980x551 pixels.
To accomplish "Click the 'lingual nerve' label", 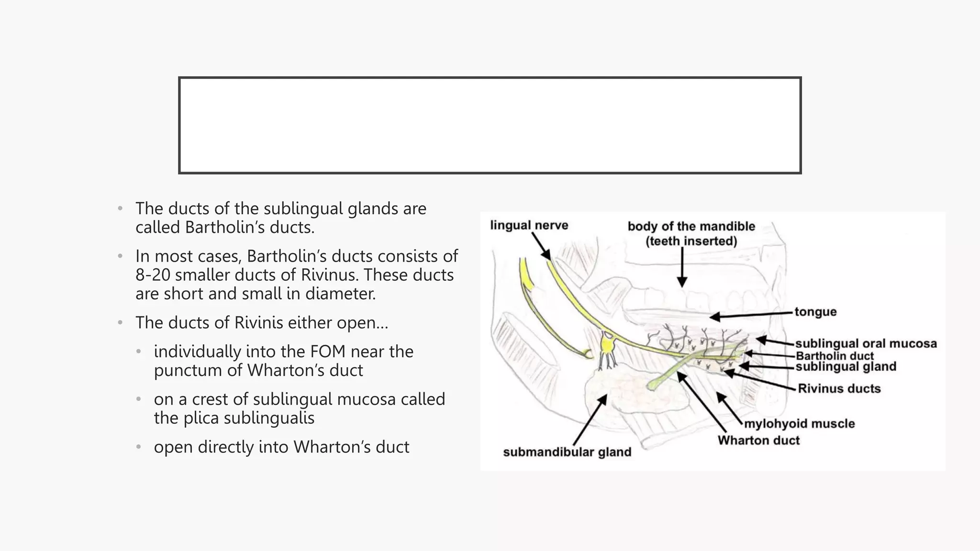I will pyautogui.click(x=529, y=225).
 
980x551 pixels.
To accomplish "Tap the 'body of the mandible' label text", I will pyautogui.click(x=691, y=226).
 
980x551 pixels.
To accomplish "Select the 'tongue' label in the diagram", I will pyautogui.click(x=815, y=312).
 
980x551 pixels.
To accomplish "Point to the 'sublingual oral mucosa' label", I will pyautogui.click(x=866, y=343).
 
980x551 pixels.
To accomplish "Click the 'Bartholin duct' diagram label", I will pyautogui.click(x=835, y=356).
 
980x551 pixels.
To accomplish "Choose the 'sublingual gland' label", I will pyautogui.click(x=846, y=367).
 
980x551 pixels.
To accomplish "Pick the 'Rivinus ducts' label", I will pyautogui.click(x=839, y=388).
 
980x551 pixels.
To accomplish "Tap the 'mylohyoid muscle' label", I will pyautogui.click(x=799, y=424).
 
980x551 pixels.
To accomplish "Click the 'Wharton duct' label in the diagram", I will pyautogui.click(x=758, y=441).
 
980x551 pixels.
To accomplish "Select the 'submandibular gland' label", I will pyautogui.click(x=567, y=452).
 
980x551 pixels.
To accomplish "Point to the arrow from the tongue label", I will pyautogui.click(x=751, y=315).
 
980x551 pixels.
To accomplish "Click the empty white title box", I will pyautogui.click(x=490, y=125).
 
